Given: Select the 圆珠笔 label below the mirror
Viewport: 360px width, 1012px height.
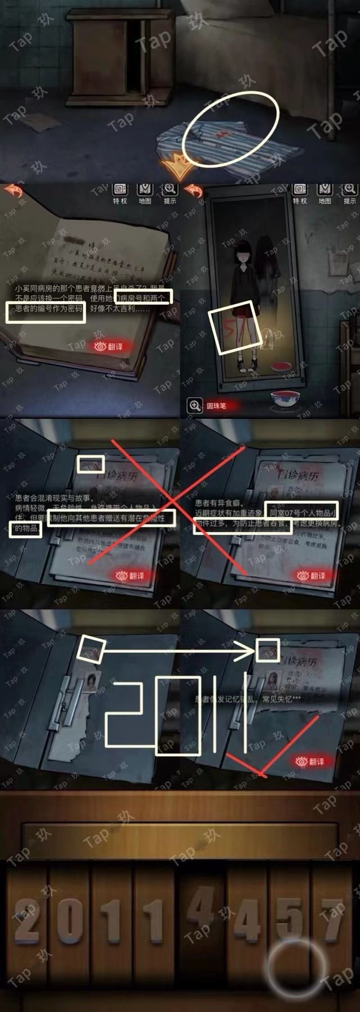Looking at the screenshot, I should pyautogui.click(x=215, y=405).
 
